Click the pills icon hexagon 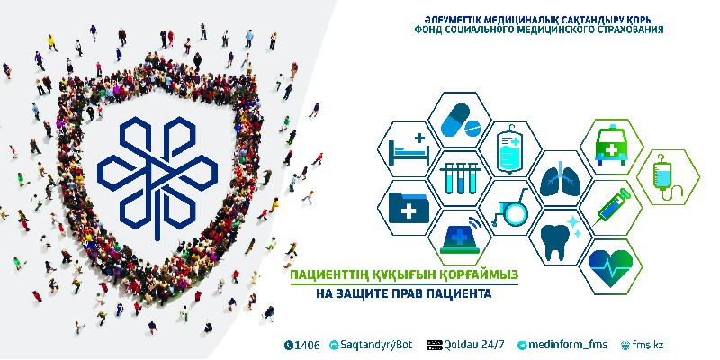460,121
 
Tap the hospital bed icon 409,149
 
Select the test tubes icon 460,178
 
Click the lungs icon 560,179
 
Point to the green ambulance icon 611,146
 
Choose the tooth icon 560,238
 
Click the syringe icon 612,208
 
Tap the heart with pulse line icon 611,266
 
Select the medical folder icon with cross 409,208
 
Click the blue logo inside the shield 157,178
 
